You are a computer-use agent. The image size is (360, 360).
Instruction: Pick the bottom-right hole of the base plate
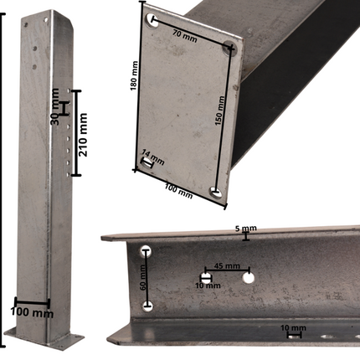[x=216, y=193]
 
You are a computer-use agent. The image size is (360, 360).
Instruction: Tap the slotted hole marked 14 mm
[x=147, y=165]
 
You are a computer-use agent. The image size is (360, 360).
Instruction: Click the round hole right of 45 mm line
[x=248, y=277]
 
